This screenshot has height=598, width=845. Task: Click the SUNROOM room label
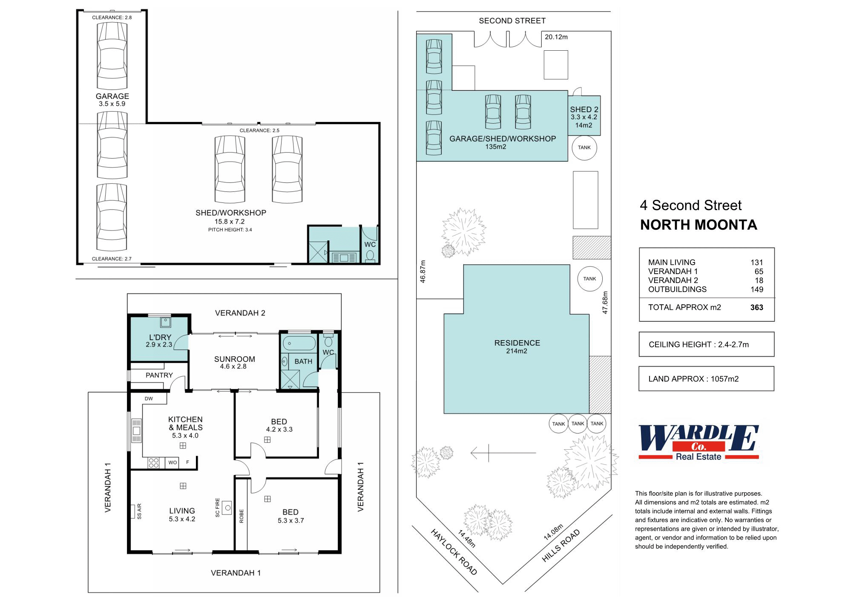click(235, 359)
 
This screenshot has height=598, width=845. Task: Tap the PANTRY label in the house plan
click(159, 375)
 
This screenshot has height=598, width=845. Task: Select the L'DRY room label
click(160, 337)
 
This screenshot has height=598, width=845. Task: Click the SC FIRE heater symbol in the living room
click(228, 508)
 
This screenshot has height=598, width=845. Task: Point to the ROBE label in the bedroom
click(241, 516)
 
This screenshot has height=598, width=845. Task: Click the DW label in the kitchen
click(149, 399)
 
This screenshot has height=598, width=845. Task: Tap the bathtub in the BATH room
click(299, 343)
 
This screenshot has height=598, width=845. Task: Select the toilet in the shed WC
click(370, 255)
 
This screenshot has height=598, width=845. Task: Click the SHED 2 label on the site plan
click(584, 110)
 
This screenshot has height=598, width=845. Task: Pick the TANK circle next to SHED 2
click(584, 147)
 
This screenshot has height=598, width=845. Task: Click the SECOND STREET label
click(512, 20)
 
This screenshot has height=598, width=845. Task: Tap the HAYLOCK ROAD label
click(454, 552)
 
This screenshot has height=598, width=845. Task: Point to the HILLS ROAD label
click(561, 546)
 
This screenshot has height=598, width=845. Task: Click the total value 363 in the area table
click(757, 307)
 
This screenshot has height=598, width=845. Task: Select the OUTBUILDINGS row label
click(677, 289)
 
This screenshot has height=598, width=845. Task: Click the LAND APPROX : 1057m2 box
click(706, 378)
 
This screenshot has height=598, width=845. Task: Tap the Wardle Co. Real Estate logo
click(698, 442)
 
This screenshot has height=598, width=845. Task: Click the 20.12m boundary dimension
click(556, 37)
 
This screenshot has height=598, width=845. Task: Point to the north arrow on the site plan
click(503, 453)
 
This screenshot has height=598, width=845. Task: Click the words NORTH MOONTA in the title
click(698, 225)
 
